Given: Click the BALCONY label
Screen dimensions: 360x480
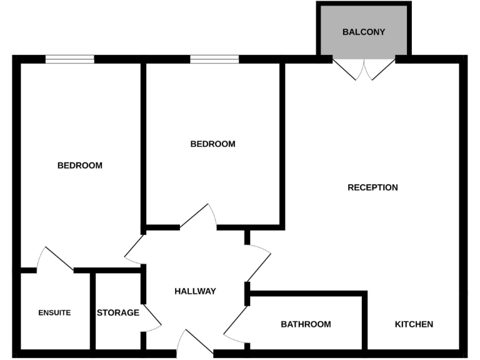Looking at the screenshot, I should pyautogui.click(x=364, y=32).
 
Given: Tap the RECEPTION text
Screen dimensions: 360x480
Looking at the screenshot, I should pyautogui.click(x=372, y=187).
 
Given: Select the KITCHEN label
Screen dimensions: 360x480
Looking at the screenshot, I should pyautogui.click(x=414, y=324).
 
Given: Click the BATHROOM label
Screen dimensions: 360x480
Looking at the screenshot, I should pyautogui.click(x=306, y=324).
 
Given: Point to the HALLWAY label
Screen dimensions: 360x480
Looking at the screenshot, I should pyautogui.click(x=195, y=291).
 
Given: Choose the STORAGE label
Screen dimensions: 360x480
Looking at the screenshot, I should pyautogui.click(x=117, y=312).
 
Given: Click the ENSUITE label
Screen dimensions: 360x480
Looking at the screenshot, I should pyautogui.click(x=54, y=312).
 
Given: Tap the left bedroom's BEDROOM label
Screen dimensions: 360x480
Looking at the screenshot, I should pyautogui.click(x=79, y=166).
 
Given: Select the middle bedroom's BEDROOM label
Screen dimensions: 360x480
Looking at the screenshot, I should pyautogui.click(x=212, y=144).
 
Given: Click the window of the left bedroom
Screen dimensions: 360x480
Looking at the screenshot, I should pyautogui.click(x=69, y=59).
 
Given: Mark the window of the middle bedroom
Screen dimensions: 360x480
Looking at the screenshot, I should pyautogui.click(x=214, y=59).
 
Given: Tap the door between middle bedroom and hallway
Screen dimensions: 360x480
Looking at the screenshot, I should pyautogui.click(x=199, y=217).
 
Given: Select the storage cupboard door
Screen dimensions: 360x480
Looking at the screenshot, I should pyautogui.click(x=151, y=319).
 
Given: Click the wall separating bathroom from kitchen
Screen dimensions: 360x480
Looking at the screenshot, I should pyautogui.click(x=364, y=322).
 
